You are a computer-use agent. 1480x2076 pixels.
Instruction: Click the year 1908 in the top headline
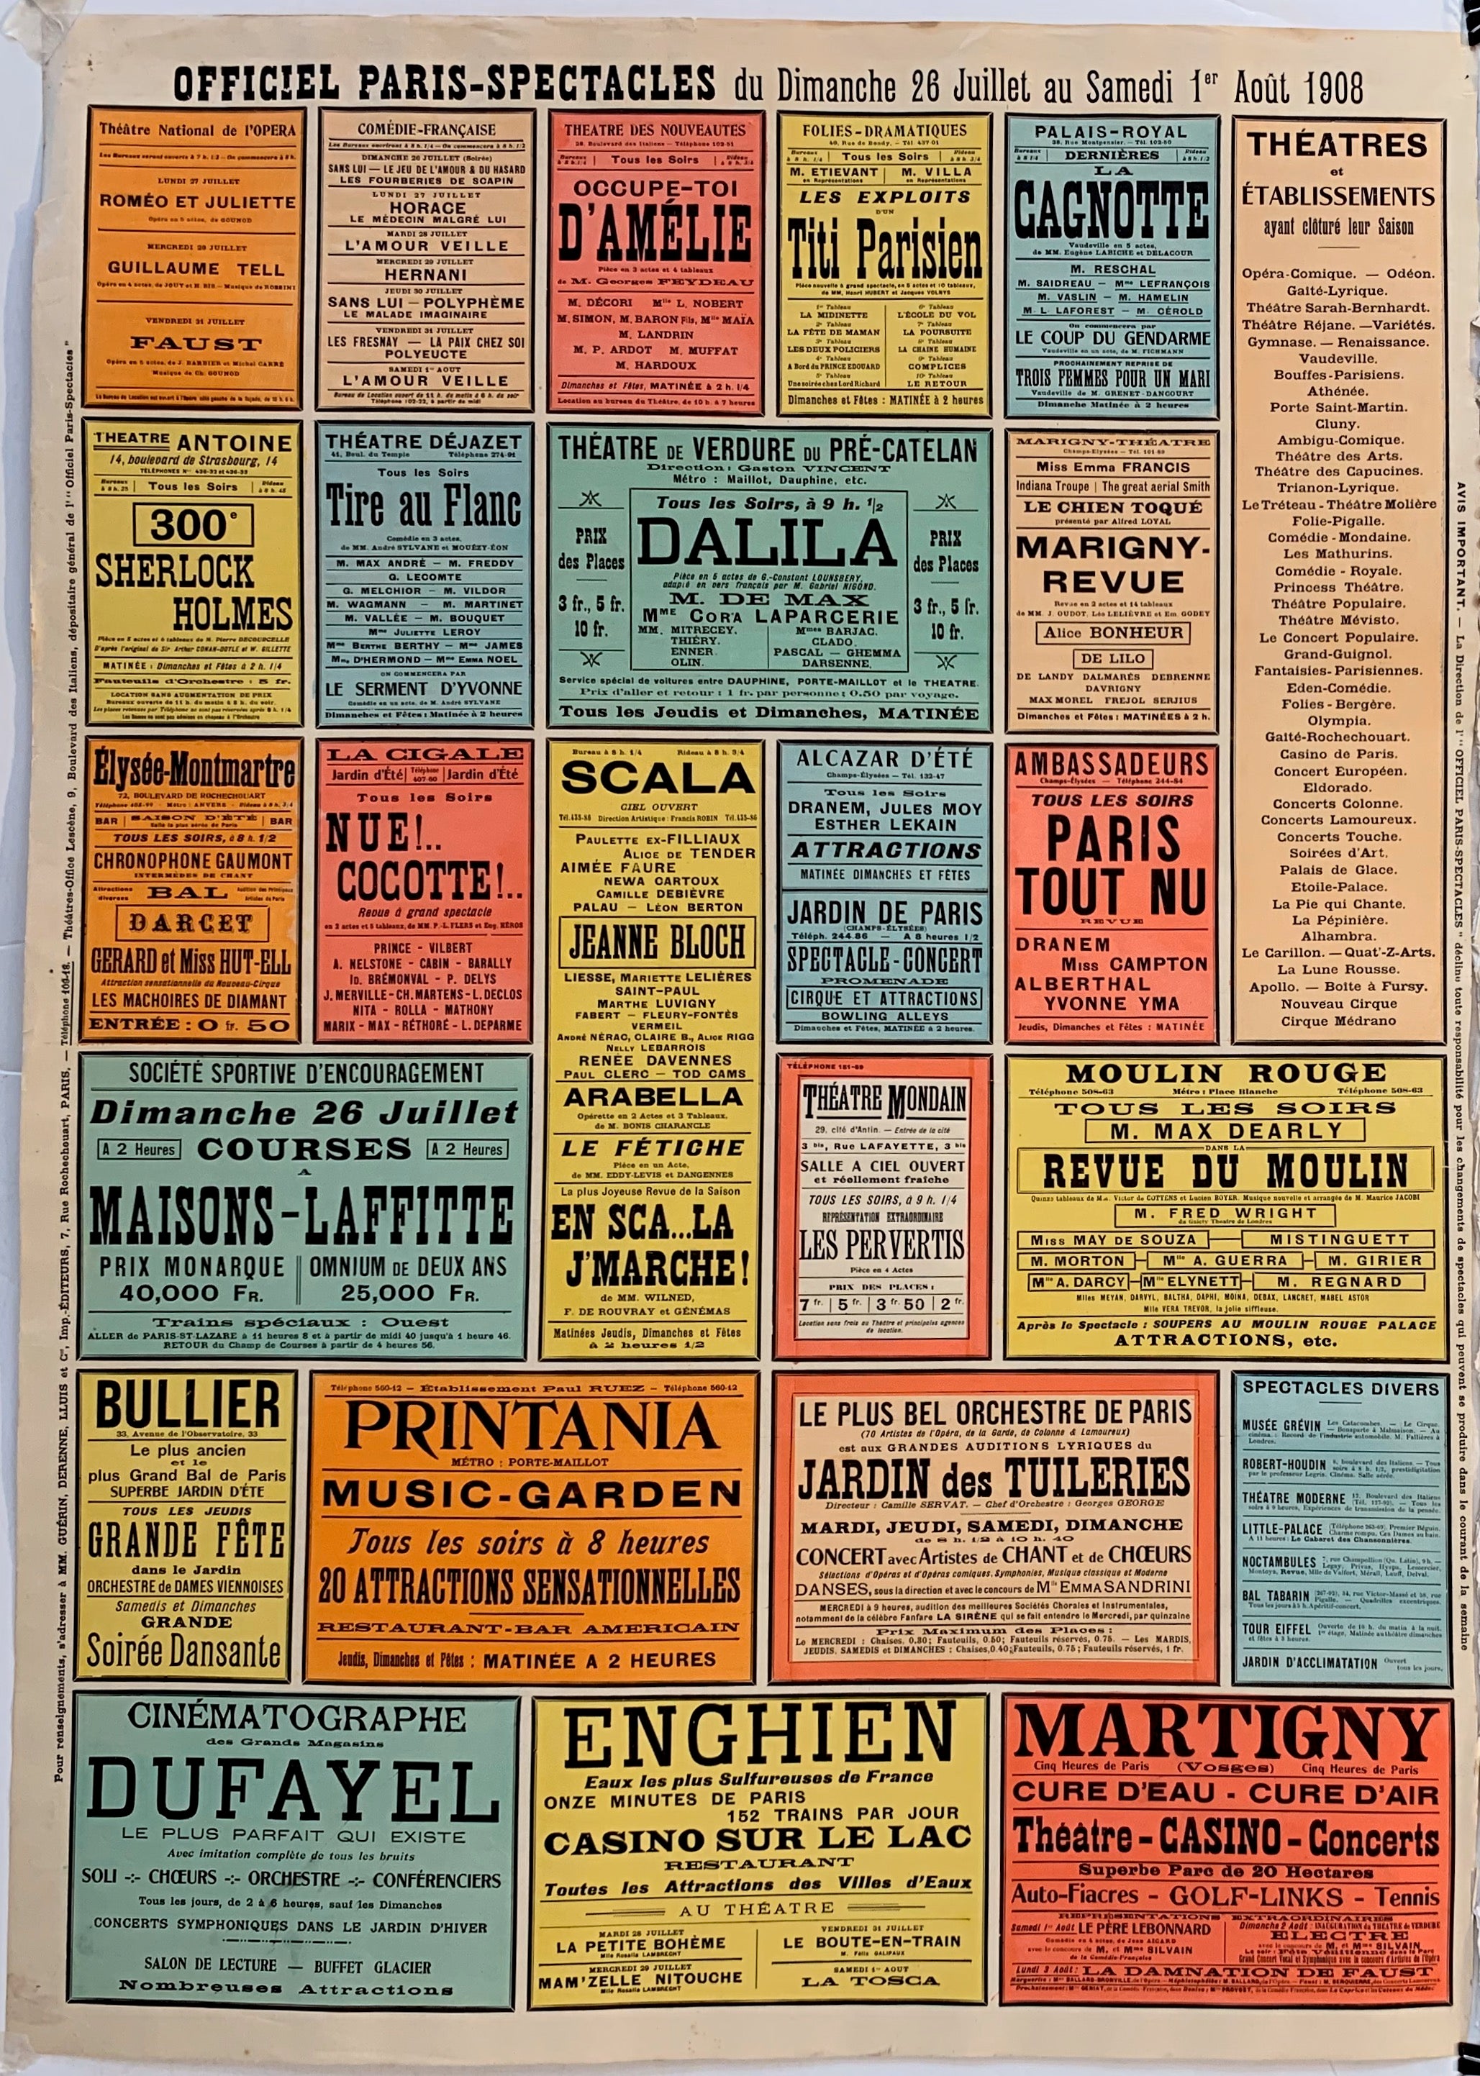click(x=1333, y=88)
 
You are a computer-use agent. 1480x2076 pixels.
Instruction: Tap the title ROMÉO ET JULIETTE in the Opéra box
click(x=198, y=201)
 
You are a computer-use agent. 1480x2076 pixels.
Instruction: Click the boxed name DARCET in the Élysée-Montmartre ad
click(x=191, y=923)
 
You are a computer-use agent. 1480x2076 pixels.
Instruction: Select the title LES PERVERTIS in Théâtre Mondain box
click(x=881, y=1244)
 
